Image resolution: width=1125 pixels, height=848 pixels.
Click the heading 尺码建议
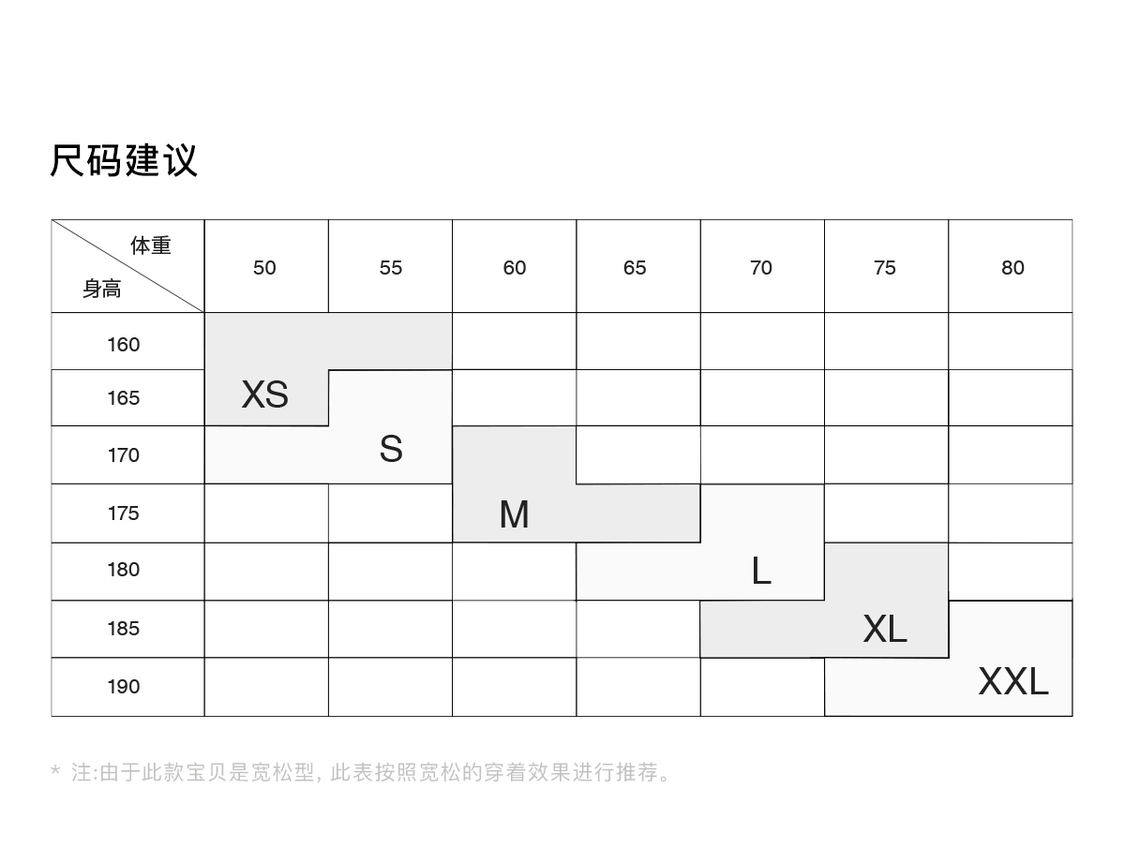[124, 160]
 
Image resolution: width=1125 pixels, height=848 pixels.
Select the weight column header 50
[264, 268]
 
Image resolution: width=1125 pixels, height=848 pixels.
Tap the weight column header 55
[391, 268]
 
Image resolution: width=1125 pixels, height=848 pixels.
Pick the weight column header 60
[515, 268]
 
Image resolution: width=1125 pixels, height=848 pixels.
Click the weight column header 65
[635, 268]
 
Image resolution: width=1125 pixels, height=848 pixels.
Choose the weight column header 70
[761, 268]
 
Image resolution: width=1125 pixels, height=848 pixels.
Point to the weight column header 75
[885, 268]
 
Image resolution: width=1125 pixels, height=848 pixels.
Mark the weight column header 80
[1012, 268]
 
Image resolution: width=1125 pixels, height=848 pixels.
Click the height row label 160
[123, 345]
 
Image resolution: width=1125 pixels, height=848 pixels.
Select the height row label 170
[123, 455]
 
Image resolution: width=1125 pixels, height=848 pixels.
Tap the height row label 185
[123, 629]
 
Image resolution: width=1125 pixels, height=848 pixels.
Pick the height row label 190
[123, 687]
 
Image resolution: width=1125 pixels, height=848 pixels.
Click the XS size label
[264, 394]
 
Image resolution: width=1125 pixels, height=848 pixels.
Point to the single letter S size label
[391, 450]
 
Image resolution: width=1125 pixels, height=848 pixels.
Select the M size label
[514, 514]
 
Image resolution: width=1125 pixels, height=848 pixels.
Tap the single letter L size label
[761, 571]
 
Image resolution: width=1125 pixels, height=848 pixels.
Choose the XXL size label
[1012, 681]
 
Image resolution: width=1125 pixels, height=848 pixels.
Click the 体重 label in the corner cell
[151, 246]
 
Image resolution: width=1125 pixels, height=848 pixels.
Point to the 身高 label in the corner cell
[101, 290]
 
